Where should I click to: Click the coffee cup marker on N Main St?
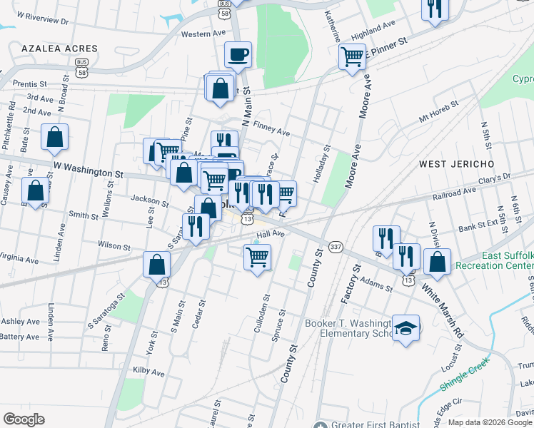pos(238,54)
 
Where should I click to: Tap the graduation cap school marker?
pos(405,329)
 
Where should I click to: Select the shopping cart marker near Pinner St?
pos(352,56)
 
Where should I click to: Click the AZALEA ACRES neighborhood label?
pos(59,49)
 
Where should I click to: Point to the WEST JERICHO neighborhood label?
pos(456,164)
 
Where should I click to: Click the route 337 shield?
pos(336,246)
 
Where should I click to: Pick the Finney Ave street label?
pos(271,132)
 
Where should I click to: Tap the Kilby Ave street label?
pos(148,372)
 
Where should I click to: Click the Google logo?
pos(24,419)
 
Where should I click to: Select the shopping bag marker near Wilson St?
pos(156,265)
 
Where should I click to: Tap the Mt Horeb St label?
pos(439,109)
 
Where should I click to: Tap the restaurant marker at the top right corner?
pos(433,9)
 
